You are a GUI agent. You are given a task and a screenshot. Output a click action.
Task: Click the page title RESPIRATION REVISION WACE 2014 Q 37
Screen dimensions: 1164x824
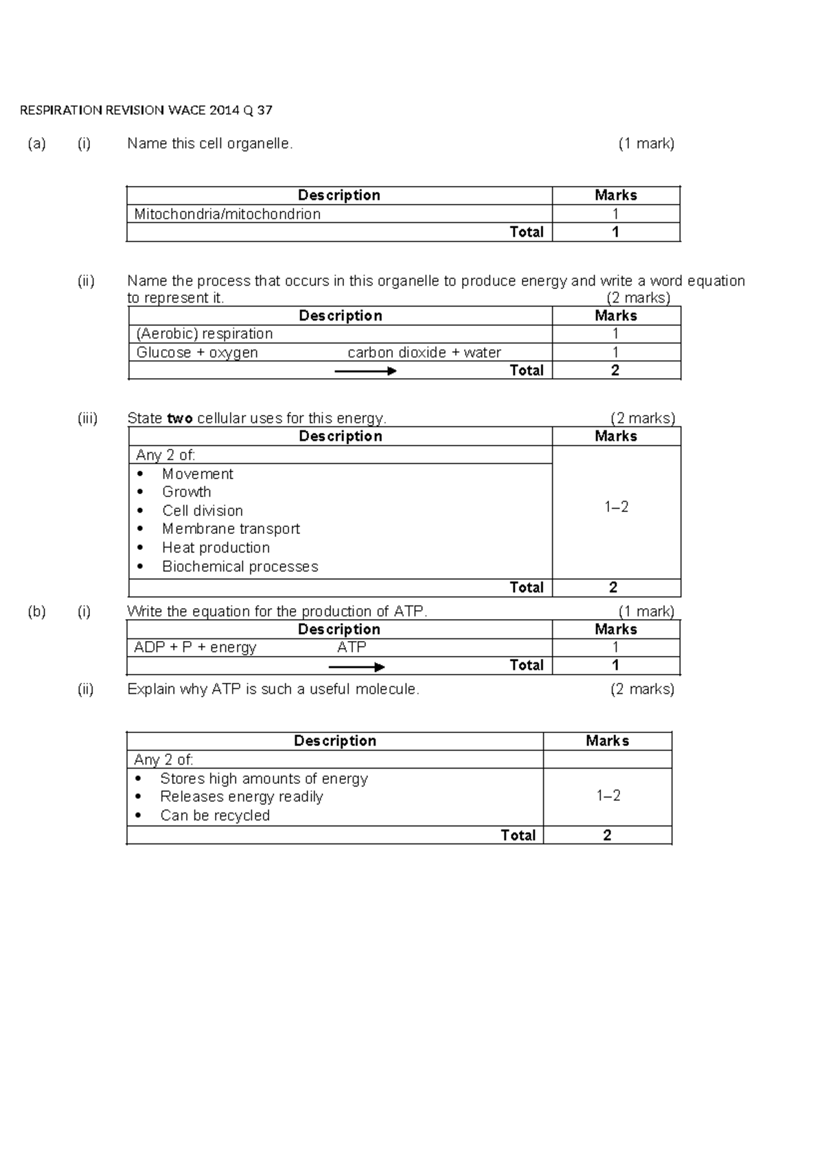(146, 110)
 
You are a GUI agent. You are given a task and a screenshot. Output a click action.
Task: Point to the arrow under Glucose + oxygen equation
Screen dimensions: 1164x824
(365, 371)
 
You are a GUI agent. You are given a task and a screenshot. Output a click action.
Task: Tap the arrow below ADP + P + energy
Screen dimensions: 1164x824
(356, 667)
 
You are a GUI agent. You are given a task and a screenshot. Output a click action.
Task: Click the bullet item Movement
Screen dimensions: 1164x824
(198, 474)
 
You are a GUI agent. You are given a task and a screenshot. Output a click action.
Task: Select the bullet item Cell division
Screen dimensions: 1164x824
(203, 511)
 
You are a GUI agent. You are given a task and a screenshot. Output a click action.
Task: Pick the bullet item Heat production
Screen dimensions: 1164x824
(216, 548)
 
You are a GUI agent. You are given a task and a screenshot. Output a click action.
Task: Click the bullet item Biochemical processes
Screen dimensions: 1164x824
(240, 567)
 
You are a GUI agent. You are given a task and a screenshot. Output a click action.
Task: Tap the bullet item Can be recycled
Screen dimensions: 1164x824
(215, 815)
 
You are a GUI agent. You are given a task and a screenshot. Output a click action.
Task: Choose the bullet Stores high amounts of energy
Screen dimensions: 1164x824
(264, 778)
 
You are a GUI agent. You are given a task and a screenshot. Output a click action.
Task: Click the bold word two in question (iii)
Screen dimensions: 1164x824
(180, 419)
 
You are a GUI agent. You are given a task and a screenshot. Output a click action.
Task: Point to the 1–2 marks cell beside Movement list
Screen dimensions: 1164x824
(616, 507)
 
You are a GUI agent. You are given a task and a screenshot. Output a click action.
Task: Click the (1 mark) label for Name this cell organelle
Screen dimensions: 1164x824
(646, 143)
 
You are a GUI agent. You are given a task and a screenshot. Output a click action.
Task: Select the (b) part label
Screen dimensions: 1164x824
(36, 612)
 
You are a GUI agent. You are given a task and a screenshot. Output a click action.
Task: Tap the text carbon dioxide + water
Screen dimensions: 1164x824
(424, 353)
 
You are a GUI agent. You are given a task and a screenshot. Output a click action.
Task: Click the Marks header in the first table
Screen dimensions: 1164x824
(615, 196)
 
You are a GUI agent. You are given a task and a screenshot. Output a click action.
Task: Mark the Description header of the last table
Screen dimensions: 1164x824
(334, 741)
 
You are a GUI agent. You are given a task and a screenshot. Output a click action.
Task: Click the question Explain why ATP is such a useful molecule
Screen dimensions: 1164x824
(273, 689)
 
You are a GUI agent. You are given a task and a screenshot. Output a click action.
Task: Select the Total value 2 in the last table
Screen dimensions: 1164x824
(607, 835)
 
